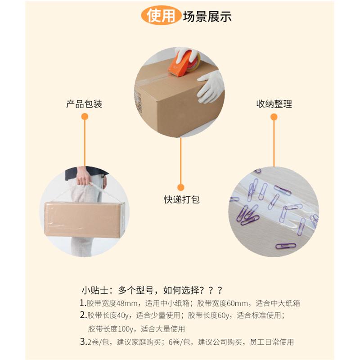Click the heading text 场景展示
pos(207,16)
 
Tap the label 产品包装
pos(84,104)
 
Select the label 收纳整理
pos(274,104)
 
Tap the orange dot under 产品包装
pos(84,117)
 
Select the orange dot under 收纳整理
pos(274,117)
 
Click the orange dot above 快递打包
pos(181,186)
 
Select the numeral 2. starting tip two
pos(83,315)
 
